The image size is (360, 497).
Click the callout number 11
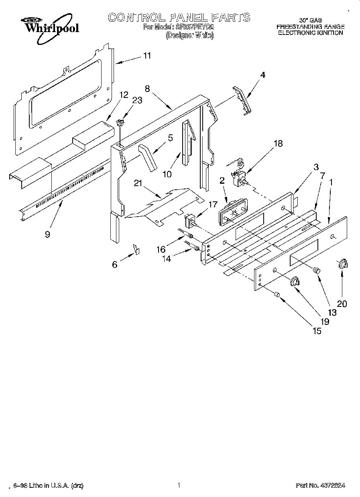click(147, 56)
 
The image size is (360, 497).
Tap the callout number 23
click(137, 101)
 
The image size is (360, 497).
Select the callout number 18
click(278, 143)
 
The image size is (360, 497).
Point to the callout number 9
click(47, 234)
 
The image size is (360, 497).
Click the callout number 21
click(138, 183)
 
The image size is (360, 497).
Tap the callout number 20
click(342, 304)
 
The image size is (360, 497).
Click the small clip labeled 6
click(136, 250)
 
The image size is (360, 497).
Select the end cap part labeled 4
click(240, 101)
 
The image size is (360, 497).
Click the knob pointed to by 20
click(343, 264)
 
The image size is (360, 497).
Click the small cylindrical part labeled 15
click(277, 295)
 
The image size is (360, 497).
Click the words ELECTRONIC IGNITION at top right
click(310, 33)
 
